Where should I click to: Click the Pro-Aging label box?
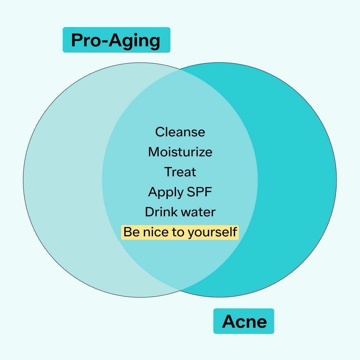[116, 40]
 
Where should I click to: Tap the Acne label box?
[244, 321]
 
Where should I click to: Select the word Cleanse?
[180, 132]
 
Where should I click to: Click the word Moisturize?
[180, 152]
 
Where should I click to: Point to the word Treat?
[180, 172]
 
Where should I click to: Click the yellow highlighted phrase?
[180, 232]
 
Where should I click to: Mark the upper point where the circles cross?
[180, 69]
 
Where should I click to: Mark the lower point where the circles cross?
[180, 290]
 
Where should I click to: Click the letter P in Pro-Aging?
[77, 40]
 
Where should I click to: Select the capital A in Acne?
[229, 321]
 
